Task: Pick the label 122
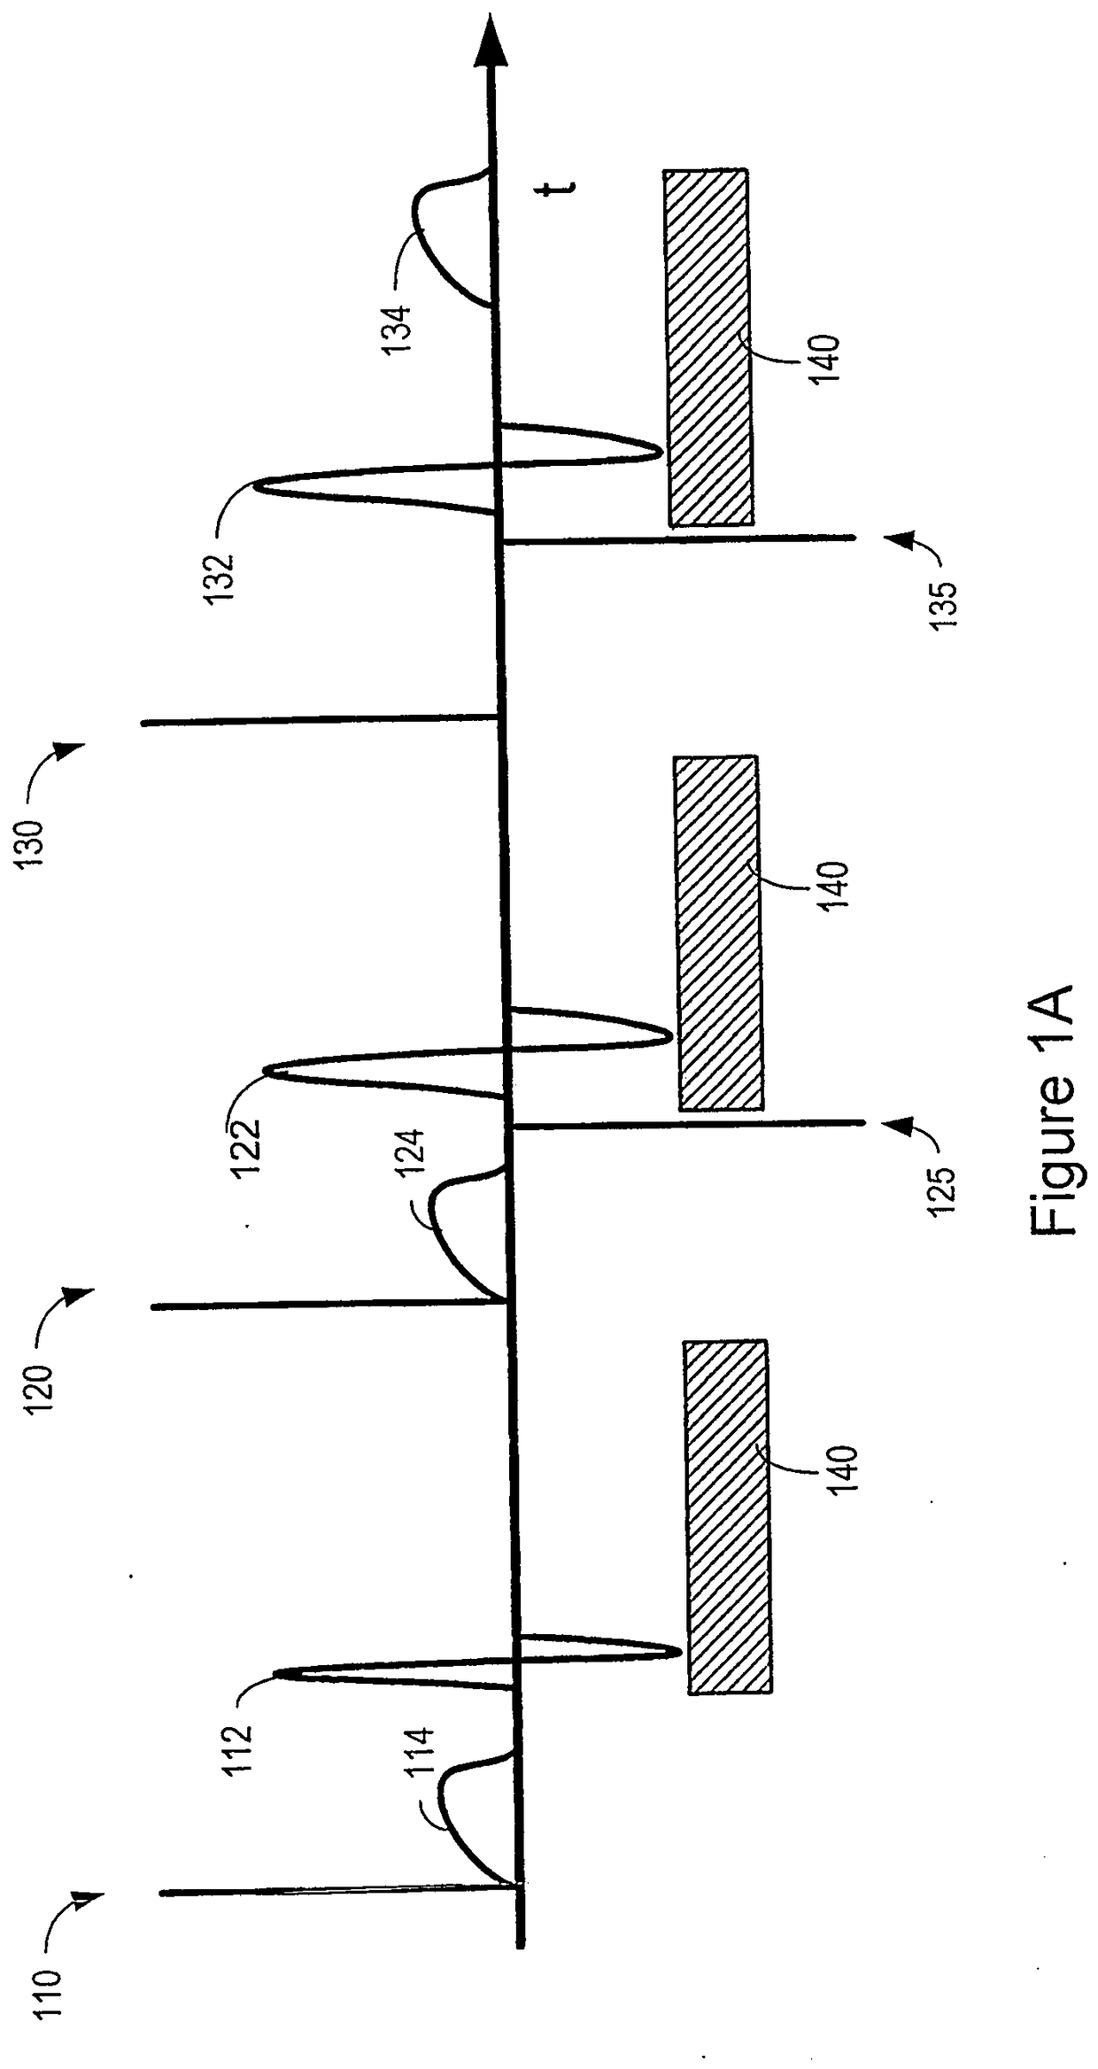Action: click(245, 1149)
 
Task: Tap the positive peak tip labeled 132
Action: click(257, 485)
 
